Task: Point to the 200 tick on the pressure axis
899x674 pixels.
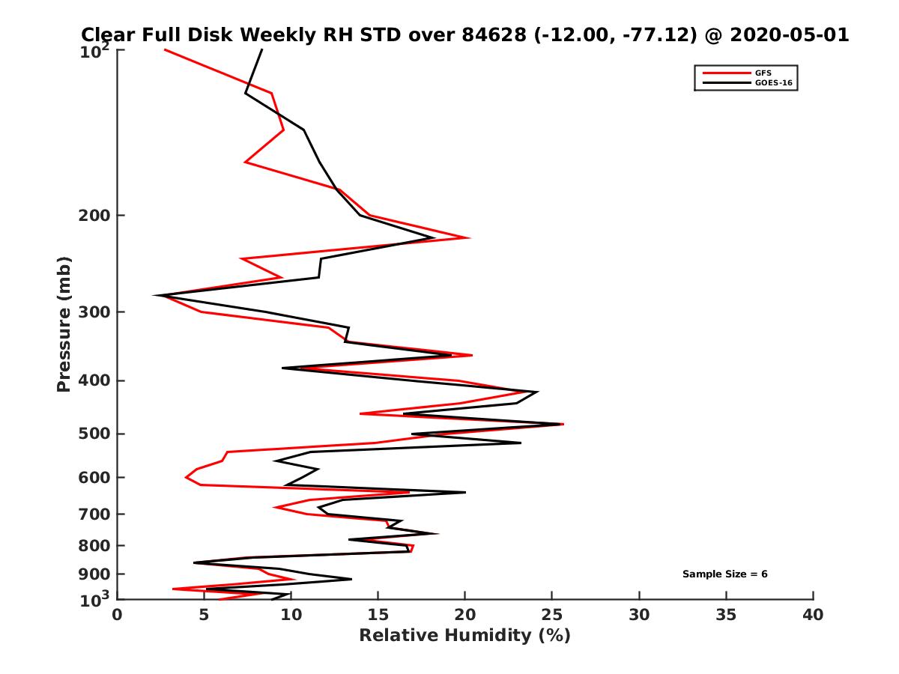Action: coord(95,216)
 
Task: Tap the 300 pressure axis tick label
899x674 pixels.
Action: coord(95,312)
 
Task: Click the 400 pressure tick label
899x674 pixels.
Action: coord(95,380)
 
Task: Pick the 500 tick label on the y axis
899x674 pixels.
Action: coord(95,434)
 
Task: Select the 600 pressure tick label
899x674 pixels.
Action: coord(95,477)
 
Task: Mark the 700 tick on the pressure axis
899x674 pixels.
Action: coord(95,514)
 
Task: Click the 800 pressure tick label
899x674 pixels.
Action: coord(95,545)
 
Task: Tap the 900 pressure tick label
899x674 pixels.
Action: coord(95,574)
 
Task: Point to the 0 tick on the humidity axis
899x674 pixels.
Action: coord(117,615)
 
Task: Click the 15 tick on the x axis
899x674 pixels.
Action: coord(378,615)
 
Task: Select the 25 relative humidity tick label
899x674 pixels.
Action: coord(552,615)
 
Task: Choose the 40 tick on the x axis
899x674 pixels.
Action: coord(813,615)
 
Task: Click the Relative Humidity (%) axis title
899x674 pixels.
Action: coord(464,636)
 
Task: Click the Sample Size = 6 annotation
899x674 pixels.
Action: coord(724,574)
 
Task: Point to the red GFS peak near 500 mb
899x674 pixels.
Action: coord(563,424)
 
